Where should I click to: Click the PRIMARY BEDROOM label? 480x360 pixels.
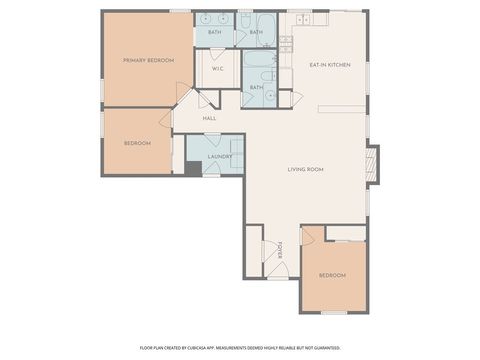pyautogui.click(x=148, y=61)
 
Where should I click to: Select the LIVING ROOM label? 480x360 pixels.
pyautogui.click(x=305, y=170)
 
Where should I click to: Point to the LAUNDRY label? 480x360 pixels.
pyautogui.click(x=219, y=157)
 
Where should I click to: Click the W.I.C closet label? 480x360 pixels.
pyautogui.click(x=216, y=70)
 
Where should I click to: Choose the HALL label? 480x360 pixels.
pyautogui.click(x=209, y=119)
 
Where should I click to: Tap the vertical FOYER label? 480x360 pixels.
pyautogui.click(x=281, y=249)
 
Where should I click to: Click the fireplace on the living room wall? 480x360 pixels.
pyautogui.click(x=373, y=165)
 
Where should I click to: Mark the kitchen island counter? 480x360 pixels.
pyautogui.click(x=340, y=107)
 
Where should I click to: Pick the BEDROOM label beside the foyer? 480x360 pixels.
pyautogui.click(x=332, y=275)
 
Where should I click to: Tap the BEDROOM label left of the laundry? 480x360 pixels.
pyautogui.click(x=137, y=144)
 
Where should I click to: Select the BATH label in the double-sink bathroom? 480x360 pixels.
pyautogui.click(x=214, y=32)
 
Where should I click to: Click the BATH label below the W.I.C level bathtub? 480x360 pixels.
pyautogui.click(x=256, y=87)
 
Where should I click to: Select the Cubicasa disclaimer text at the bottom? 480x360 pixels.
pyautogui.click(x=239, y=349)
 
